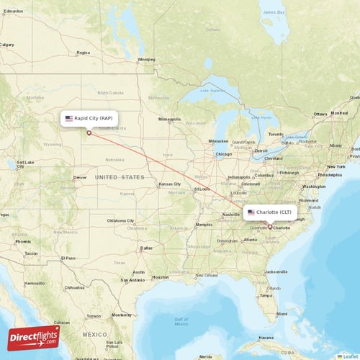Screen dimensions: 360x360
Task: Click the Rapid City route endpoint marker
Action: click(x=89, y=132)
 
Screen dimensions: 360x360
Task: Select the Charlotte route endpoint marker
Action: click(x=270, y=227)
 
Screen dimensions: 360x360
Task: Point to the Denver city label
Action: click(x=80, y=177)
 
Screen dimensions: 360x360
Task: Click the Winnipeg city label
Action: click(x=146, y=59)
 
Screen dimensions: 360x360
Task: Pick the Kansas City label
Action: click(x=170, y=184)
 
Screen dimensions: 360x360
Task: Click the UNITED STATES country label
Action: click(x=120, y=177)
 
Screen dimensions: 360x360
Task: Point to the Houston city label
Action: click(x=160, y=276)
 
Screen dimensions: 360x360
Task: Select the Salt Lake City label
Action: click(x=24, y=163)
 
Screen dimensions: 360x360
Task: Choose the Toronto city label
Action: click(x=276, y=135)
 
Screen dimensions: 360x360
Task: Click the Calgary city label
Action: click(x=7, y=44)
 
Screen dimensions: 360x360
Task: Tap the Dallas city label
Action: click(x=146, y=248)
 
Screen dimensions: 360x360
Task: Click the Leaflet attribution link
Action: click(x=350, y=356)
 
